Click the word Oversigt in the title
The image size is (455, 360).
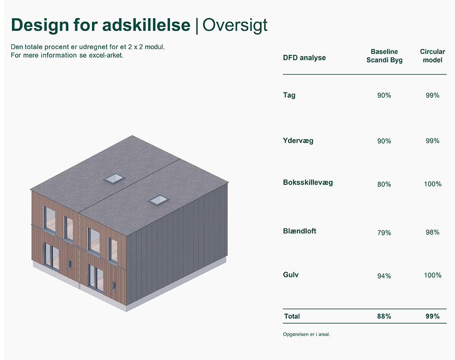pyautogui.click(x=235, y=25)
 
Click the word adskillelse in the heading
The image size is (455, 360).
pyautogui.click(x=146, y=25)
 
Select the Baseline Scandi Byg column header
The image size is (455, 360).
pyautogui.click(x=384, y=55)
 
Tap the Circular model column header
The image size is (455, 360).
pyautogui.click(x=432, y=55)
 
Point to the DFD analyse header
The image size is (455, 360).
pyautogui.click(x=304, y=58)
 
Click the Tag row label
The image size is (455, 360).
pyautogui.click(x=289, y=95)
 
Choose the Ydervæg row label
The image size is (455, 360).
pyautogui.click(x=298, y=141)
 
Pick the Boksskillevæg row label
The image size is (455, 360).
pyautogui.click(x=308, y=183)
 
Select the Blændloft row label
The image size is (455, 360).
pyautogui.click(x=299, y=231)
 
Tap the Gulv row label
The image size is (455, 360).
pyautogui.click(x=290, y=275)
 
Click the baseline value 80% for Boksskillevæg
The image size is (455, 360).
pyautogui.click(x=384, y=185)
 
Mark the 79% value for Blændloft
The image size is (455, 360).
pyautogui.click(x=384, y=233)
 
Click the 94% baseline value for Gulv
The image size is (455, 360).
pyautogui.click(x=384, y=276)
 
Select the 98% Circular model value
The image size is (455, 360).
pyautogui.click(x=432, y=232)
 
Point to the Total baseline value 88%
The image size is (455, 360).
pyautogui.click(x=384, y=316)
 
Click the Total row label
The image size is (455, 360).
pyautogui.click(x=292, y=316)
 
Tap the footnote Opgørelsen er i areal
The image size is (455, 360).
pyautogui.click(x=306, y=334)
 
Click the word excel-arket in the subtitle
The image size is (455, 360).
pyautogui.click(x=106, y=55)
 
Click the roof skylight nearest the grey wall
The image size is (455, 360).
pyautogui.click(x=158, y=200)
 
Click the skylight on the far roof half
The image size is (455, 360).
pyautogui.click(x=114, y=178)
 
